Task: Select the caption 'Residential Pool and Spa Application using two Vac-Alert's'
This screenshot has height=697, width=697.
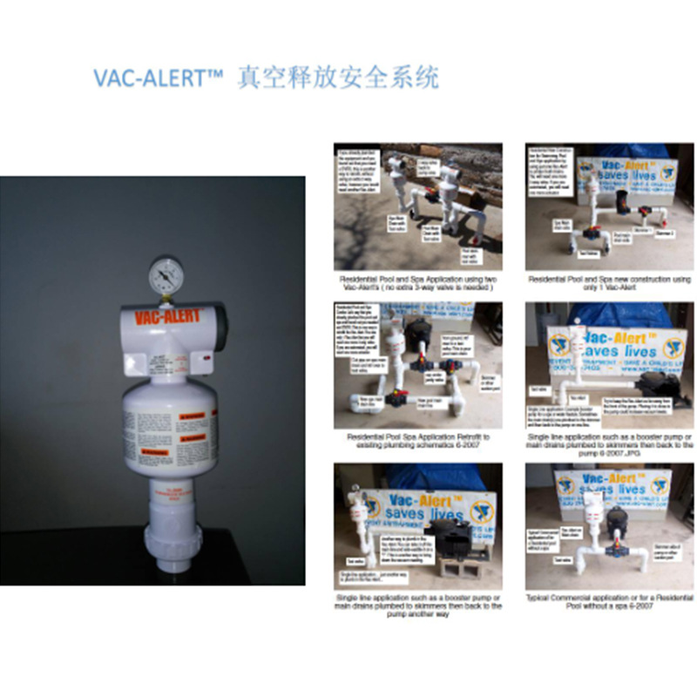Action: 417,282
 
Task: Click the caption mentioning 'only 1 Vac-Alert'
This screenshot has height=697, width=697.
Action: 609,282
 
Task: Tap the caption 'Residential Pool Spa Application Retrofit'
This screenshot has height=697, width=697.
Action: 417,439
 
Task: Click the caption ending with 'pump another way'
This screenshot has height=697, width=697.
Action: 417,601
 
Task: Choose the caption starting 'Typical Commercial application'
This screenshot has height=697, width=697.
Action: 609,601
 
